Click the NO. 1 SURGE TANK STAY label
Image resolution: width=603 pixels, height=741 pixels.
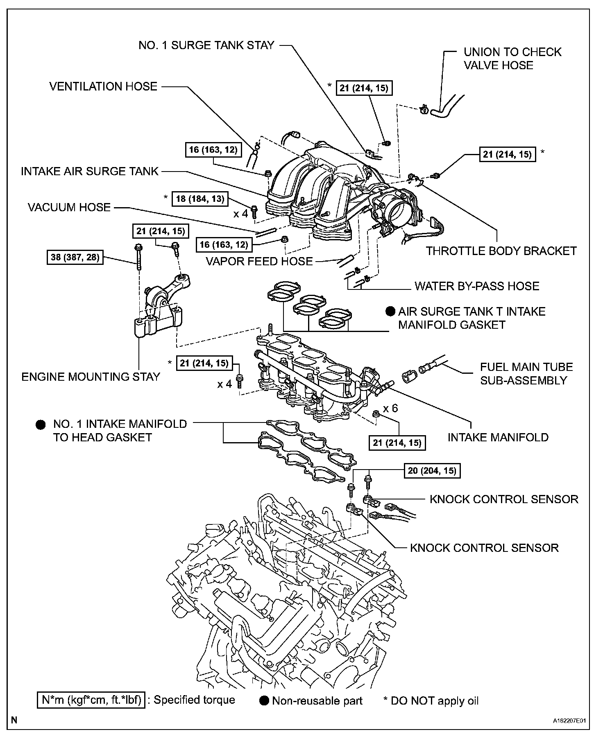(x=206, y=45)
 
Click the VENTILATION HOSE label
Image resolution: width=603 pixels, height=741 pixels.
(x=103, y=86)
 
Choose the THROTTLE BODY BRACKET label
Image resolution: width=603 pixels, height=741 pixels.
(x=501, y=251)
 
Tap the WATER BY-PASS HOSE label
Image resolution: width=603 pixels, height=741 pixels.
(x=477, y=286)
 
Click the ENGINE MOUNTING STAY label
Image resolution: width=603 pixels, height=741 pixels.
(x=91, y=377)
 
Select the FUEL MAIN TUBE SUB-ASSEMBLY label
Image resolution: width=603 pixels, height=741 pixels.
(x=526, y=373)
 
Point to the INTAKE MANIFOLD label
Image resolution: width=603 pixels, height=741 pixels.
(x=498, y=437)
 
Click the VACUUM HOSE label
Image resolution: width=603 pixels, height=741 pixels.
(x=69, y=207)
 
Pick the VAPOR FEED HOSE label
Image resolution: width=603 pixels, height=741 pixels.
(x=259, y=261)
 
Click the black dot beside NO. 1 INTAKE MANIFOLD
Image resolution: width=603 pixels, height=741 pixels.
(x=41, y=425)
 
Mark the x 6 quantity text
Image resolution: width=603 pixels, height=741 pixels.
(x=390, y=408)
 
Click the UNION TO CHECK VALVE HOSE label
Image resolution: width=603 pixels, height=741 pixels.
(x=512, y=59)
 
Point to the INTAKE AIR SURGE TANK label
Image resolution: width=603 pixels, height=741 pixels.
(x=90, y=171)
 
